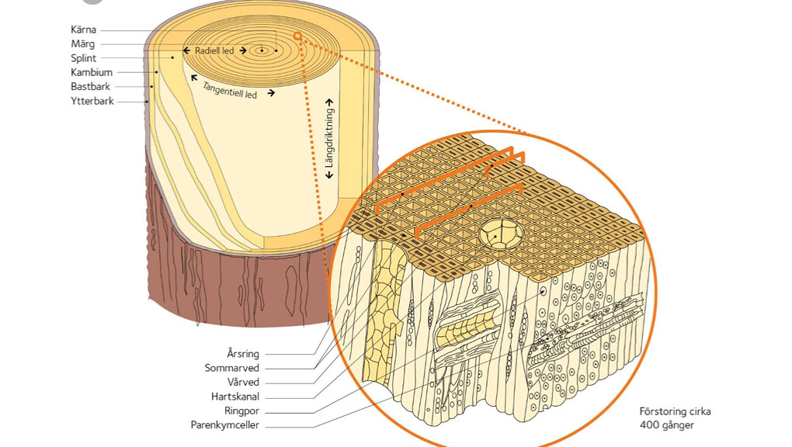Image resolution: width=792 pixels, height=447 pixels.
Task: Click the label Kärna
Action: (83, 30)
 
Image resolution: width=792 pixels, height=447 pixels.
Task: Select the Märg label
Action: (83, 44)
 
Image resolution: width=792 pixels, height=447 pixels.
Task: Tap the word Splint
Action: (83, 58)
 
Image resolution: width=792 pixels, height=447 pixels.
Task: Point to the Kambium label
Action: (92, 72)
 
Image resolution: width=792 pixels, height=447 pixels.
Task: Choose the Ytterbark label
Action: (92, 100)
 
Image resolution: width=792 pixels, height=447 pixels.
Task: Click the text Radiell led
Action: (216, 51)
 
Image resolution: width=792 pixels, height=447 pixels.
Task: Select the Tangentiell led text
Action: (229, 90)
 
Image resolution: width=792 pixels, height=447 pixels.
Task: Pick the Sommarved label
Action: (231, 368)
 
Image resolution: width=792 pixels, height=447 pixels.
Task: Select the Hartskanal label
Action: (236, 396)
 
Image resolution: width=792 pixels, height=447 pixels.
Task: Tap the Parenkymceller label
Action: (224, 424)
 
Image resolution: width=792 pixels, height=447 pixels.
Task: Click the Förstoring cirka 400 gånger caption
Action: (674, 418)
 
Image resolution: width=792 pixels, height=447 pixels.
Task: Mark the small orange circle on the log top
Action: (297, 36)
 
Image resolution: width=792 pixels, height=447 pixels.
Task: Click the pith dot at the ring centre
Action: (262, 52)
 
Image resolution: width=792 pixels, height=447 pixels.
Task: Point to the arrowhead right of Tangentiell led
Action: (271, 93)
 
